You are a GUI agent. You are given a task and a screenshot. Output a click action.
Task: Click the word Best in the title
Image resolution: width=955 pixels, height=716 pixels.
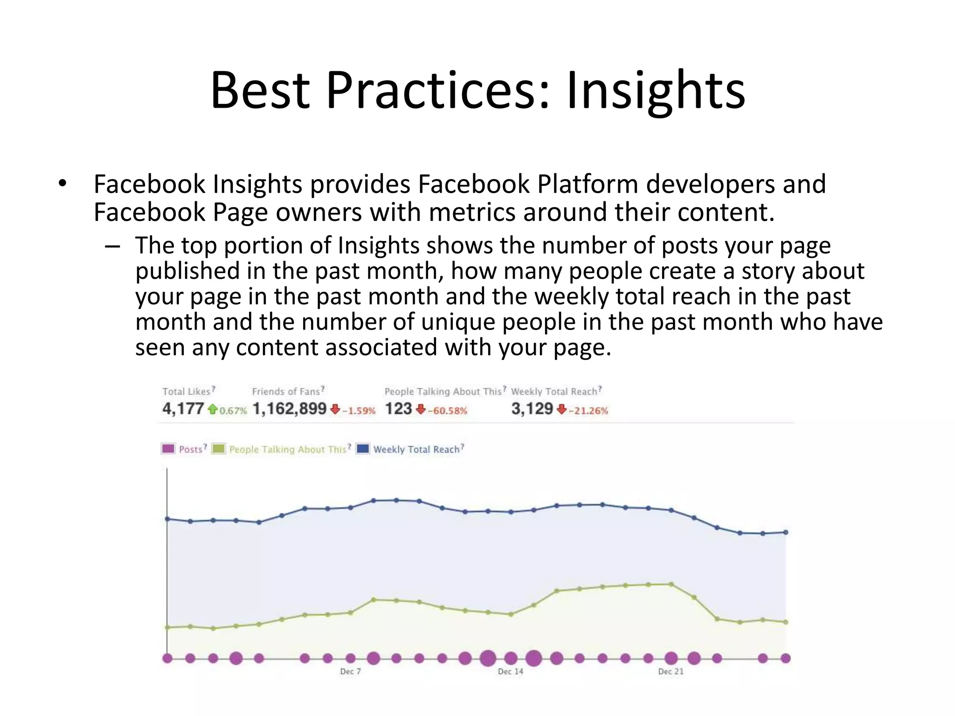point(260,90)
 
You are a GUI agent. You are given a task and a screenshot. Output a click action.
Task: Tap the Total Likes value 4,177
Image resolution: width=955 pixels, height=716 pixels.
point(183,409)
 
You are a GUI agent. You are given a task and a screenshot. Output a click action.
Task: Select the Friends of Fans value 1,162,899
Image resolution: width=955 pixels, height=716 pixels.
point(289,409)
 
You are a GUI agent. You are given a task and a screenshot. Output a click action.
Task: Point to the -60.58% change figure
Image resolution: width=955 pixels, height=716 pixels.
point(448,411)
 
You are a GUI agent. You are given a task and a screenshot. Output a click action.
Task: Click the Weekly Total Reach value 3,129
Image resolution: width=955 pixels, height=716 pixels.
point(532,409)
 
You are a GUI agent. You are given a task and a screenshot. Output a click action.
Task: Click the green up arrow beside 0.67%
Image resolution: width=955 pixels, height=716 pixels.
point(213,409)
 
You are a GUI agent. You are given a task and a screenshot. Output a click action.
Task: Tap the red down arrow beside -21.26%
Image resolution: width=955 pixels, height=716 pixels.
point(562,409)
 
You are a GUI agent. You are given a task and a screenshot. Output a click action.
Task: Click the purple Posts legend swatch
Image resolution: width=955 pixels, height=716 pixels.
point(168,449)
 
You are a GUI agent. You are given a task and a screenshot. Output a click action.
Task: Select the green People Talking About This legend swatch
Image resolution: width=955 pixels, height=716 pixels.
point(218,449)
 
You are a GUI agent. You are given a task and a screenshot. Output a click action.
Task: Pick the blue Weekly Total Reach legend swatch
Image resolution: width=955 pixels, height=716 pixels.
point(362,449)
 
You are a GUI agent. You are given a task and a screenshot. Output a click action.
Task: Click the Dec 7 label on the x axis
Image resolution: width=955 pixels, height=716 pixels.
point(350,671)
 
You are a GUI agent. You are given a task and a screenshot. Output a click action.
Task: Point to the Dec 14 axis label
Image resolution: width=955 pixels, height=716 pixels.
point(511,671)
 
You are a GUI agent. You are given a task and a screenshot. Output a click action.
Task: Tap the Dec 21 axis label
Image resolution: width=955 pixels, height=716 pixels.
point(671,671)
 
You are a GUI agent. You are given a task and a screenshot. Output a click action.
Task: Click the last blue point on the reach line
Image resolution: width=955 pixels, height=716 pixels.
point(786,532)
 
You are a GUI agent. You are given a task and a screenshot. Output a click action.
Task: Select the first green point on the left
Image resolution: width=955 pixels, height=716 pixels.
point(167,627)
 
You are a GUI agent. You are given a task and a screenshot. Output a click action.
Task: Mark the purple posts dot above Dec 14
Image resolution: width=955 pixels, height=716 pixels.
point(511,658)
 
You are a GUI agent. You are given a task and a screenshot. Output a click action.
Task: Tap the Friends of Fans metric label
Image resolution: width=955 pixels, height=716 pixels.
point(286,392)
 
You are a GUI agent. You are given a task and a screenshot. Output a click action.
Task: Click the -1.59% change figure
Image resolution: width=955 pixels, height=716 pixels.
point(359,411)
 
